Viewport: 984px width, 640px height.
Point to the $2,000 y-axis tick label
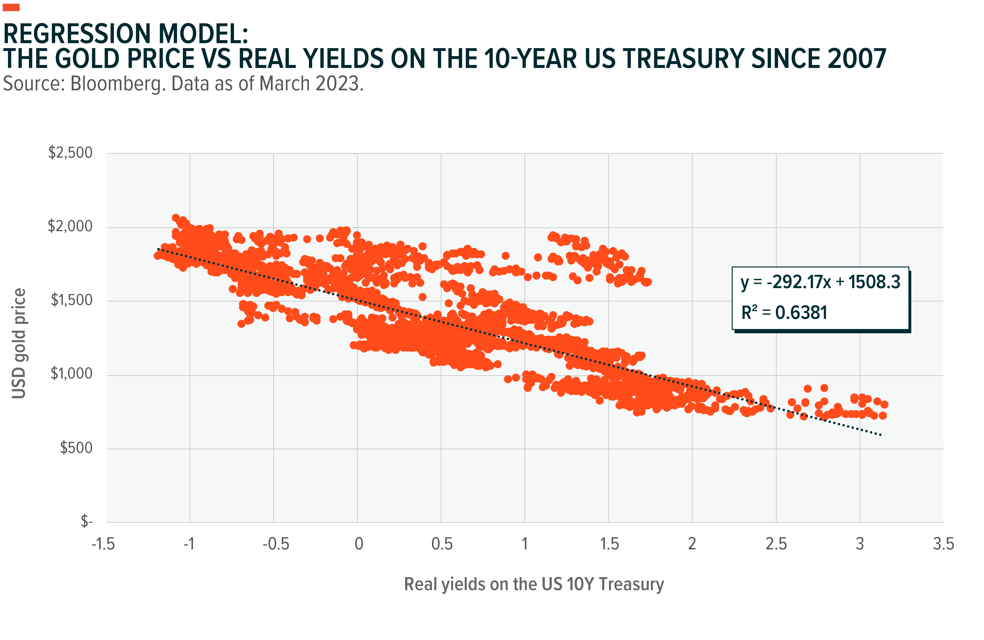click(70, 226)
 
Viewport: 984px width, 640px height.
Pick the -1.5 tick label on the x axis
click(103, 543)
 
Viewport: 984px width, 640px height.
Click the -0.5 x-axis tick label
click(276, 543)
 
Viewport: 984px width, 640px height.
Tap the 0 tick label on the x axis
click(359, 543)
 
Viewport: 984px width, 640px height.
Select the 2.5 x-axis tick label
click(776, 543)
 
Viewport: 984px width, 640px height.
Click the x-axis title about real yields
click(534, 584)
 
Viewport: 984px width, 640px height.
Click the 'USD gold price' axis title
click(19, 343)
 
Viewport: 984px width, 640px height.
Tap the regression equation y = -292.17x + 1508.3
click(820, 282)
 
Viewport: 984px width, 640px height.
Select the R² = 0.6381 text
click(784, 313)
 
